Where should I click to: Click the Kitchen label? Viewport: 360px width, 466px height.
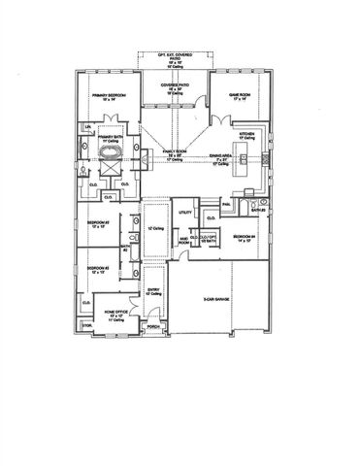coord(246,135)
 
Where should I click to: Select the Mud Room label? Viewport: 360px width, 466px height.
coord(181,242)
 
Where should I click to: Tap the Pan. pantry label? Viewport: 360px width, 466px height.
coord(225,205)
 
